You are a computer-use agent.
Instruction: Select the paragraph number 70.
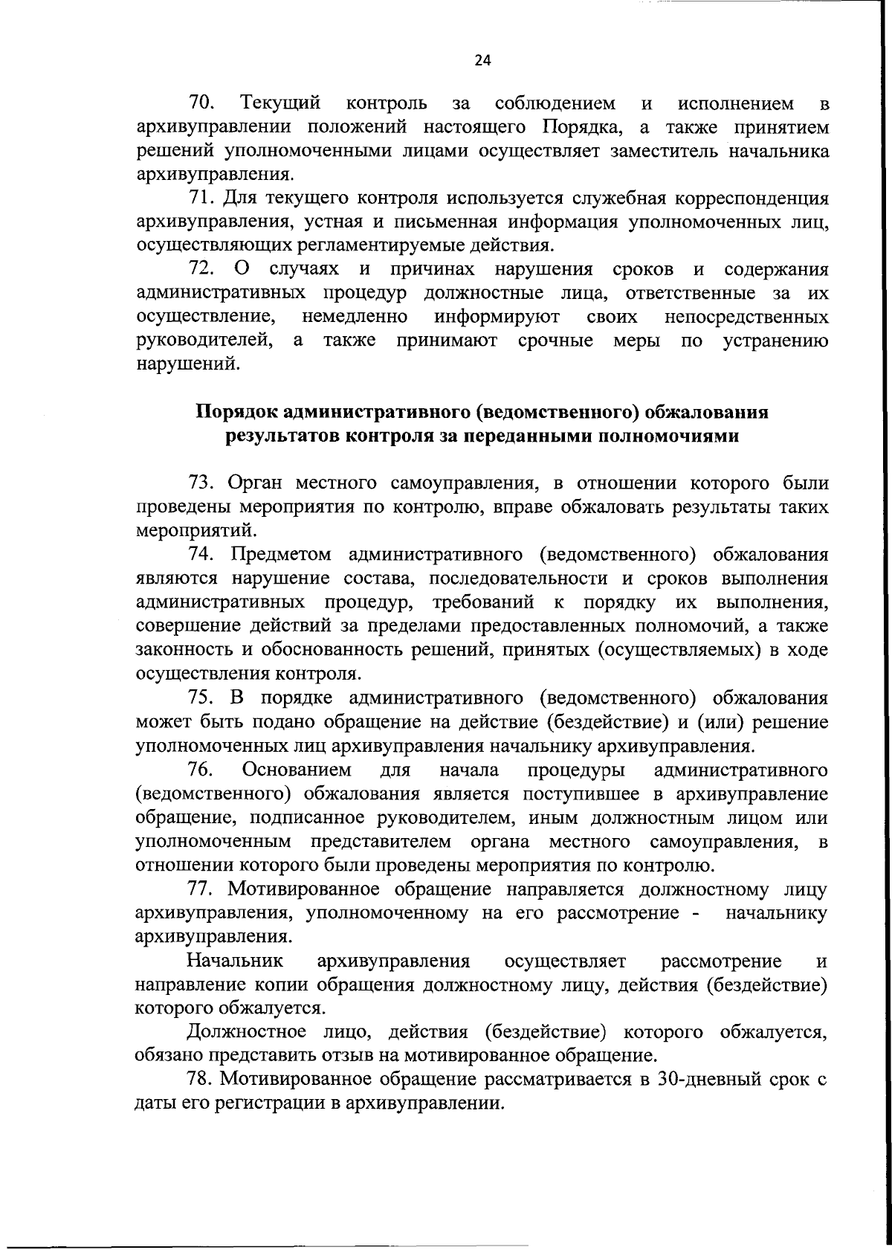pyautogui.click(x=202, y=102)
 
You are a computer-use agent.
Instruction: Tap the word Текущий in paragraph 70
pyautogui.click(x=280, y=103)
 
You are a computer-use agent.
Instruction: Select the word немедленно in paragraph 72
pyautogui.click(x=355, y=318)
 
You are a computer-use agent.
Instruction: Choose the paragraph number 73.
pyautogui.click(x=202, y=484)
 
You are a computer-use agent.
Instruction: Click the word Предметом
pyautogui.click(x=282, y=555)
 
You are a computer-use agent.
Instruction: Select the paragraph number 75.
pyautogui.click(x=202, y=698)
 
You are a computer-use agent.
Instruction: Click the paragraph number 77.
pyautogui.click(x=201, y=889)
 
